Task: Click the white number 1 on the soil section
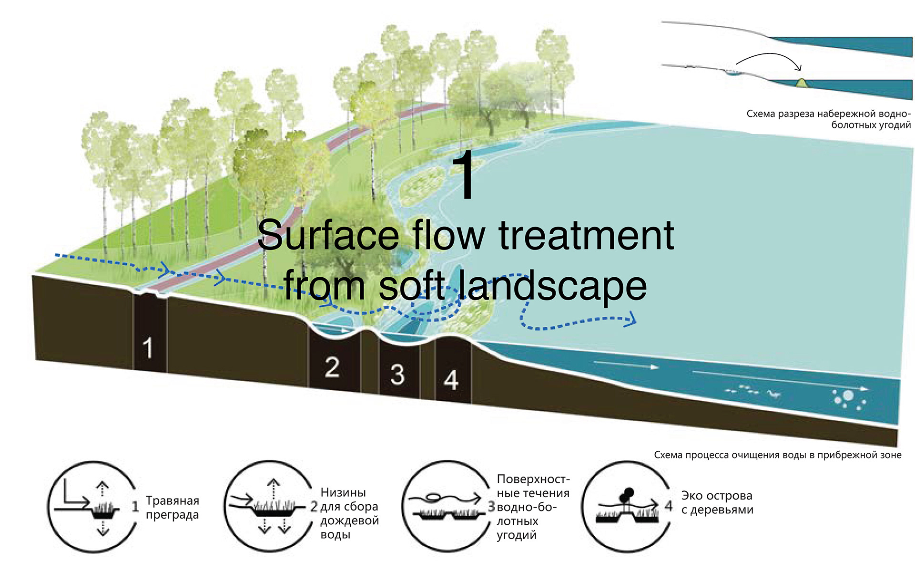(148, 348)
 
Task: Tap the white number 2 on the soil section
(332, 367)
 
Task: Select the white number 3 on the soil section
(397, 375)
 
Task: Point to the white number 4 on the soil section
(451, 380)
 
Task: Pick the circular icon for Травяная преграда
(91, 507)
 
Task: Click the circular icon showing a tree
(625, 507)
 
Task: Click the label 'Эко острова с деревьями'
(717, 502)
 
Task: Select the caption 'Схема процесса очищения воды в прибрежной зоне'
(777, 455)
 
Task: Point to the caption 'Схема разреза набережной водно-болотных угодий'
(828, 119)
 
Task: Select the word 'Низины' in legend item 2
(343, 492)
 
